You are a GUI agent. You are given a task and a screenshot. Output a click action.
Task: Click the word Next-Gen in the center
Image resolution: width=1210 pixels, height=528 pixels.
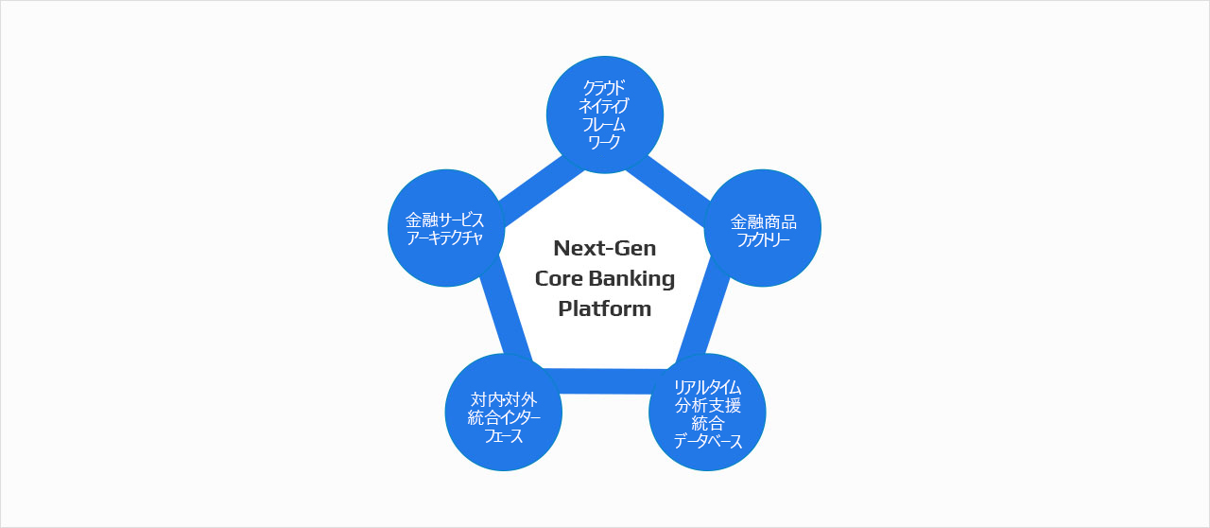click(x=605, y=248)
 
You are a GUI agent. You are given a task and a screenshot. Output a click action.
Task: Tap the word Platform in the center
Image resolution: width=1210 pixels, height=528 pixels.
click(x=605, y=308)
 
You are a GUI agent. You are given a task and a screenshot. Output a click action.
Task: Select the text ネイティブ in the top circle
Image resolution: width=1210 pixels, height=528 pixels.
click(x=605, y=107)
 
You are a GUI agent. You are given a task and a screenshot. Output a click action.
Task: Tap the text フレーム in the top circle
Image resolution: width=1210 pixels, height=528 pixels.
click(x=605, y=124)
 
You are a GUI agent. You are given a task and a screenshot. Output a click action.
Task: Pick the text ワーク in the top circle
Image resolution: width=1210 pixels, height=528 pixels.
click(x=605, y=141)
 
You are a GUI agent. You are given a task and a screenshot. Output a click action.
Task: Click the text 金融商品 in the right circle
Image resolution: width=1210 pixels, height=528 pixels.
click(x=764, y=221)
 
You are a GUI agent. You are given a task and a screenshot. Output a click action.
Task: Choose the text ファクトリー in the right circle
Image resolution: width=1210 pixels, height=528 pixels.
click(x=764, y=238)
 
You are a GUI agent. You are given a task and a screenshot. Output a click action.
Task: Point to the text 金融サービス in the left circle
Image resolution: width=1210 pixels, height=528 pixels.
click(x=445, y=220)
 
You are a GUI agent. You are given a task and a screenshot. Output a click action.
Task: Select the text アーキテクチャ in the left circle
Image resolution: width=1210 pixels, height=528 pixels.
click(x=445, y=238)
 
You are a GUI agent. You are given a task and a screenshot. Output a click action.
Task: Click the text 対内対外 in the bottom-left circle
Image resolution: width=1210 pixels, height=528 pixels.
click(x=504, y=400)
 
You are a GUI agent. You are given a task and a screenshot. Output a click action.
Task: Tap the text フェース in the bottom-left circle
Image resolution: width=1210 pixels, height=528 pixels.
click(x=504, y=436)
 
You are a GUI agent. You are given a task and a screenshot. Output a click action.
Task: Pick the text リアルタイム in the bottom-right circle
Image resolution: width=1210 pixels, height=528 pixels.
click(x=707, y=388)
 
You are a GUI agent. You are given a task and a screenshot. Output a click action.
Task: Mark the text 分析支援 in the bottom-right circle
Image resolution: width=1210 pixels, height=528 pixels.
click(x=707, y=406)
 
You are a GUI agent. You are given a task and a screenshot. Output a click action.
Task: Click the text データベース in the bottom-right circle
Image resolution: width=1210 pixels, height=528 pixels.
click(x=707, y=442)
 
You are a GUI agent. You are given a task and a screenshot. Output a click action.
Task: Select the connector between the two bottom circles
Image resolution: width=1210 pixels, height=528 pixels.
click(x=605, y=379)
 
